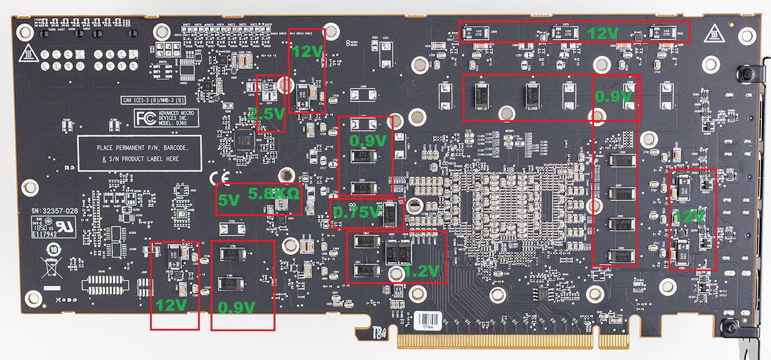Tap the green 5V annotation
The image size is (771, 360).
(x=227, y=202)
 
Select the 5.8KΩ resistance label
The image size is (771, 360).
(x=270, y=194)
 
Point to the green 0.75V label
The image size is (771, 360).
(x=356, y=212)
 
